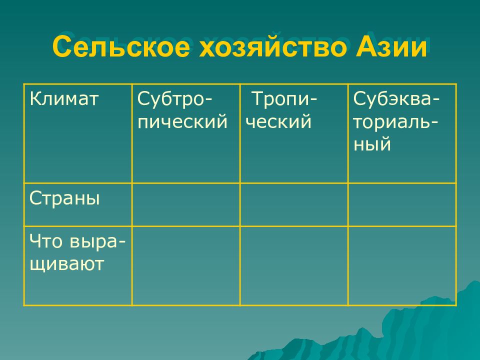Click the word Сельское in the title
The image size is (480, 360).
(x=121, y=47)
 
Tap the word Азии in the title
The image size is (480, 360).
(x=391, y=46)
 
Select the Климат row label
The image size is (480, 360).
(x=63, y=99)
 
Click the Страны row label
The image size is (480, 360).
(x=64, y=198)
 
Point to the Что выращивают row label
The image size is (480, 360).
(x=77, y=252)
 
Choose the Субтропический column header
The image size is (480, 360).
(x=182, y=110)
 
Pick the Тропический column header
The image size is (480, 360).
(x=281, y=110)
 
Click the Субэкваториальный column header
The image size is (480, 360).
(x=396, y=121)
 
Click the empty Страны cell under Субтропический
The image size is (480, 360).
(x=186, y=205)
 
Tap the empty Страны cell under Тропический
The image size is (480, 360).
(x=294, y=205)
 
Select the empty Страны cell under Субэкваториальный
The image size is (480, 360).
(x=402, y=205)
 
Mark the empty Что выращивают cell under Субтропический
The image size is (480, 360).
(x=186, y=265)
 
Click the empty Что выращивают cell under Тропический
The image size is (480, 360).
(x=294, y=265)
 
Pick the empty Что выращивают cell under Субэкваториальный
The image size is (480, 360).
(x=402, y=265)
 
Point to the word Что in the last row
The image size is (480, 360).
(x=45, y=241)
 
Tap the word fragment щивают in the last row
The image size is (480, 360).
(x=66, y=264)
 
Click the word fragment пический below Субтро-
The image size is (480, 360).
(x=182, y=122)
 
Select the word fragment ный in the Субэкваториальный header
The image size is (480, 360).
(x=372, y=144)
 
